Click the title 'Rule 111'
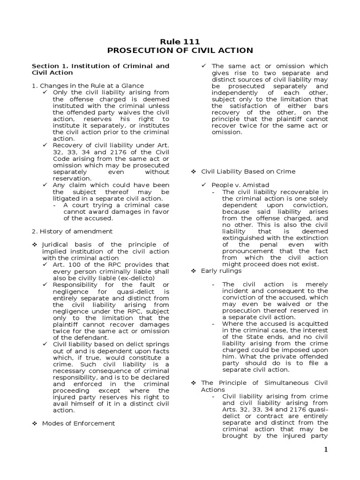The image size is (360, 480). click(180, 41)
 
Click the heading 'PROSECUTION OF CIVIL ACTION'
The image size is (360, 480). click(180, 50)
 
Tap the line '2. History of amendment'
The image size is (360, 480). click(72, 231)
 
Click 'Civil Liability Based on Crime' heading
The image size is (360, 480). click(248, 172)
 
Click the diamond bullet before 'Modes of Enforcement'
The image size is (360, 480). click(34, 423)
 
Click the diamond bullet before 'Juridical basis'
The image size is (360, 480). click(34, 245)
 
